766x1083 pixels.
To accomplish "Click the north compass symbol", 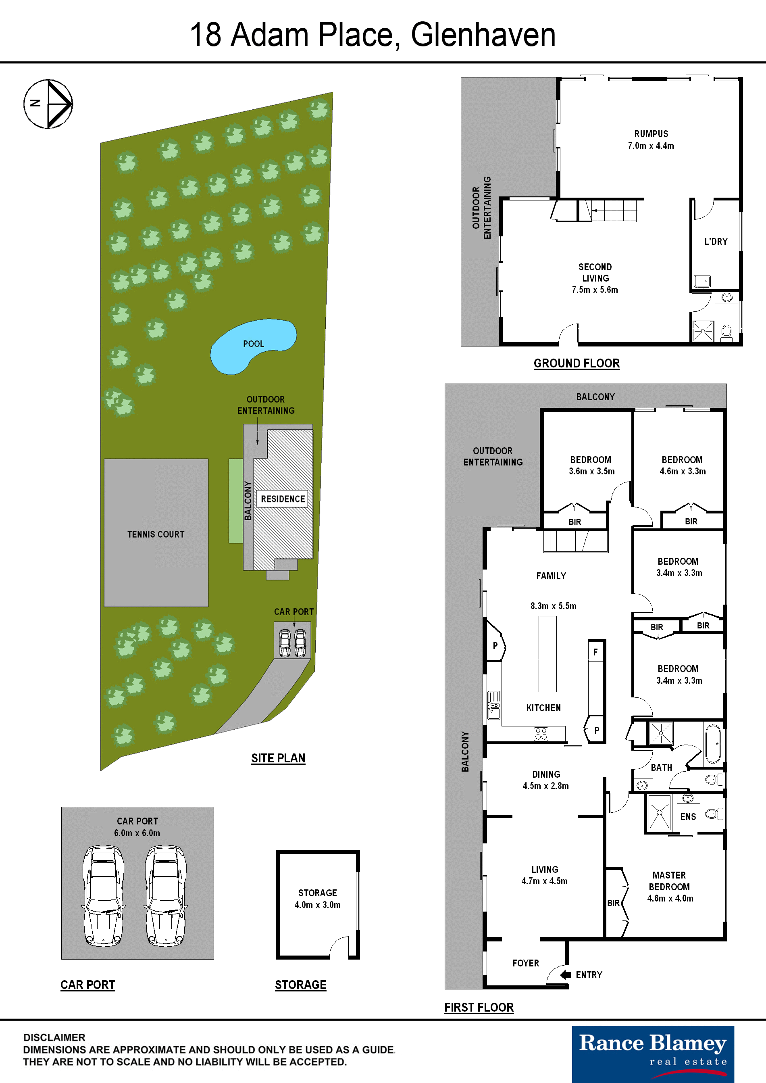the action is coord(48,104).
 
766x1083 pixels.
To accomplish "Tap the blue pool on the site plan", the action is coord(252,346).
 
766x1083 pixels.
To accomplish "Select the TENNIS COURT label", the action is coord(156,534).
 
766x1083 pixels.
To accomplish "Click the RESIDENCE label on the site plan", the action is coord(283,499).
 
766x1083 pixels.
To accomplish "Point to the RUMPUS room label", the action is coord(651,134).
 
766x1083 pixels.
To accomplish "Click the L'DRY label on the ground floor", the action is coord(716,242).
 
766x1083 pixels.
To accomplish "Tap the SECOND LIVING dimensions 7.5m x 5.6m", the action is coord(595,290).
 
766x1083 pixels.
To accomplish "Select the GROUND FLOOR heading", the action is coord(577,363).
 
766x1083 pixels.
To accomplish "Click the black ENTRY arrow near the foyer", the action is coord(565,974).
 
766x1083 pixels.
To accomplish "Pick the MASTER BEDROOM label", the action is coord(669,881).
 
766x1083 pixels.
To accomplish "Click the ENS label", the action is coord(688,817).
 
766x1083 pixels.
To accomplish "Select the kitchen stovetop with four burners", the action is coord(541,734).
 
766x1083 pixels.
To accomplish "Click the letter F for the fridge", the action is coord(595,652).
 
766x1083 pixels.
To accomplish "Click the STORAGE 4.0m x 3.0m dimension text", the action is coord(317,905).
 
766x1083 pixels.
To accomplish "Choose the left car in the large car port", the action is coord(104,896).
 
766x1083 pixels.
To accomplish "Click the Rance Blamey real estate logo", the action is coord(653,1054).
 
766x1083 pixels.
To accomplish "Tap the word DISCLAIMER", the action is coord(54,1037).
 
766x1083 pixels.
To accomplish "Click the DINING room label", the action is coord(546,774).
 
